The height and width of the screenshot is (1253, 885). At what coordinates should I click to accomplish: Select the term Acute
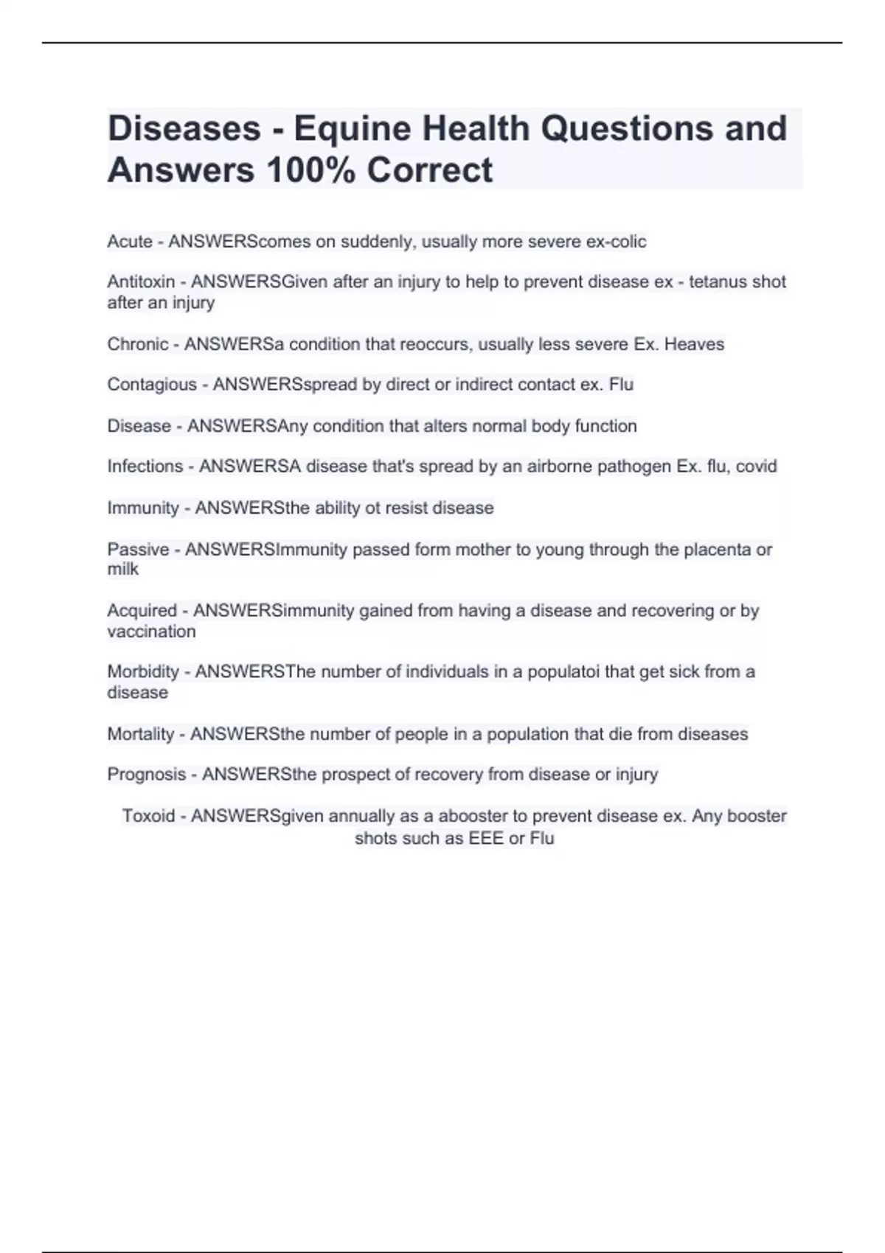[130, 242]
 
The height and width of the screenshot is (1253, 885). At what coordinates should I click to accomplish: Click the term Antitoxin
[141, 282]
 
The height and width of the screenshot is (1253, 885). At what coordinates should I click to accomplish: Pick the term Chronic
[138, 344]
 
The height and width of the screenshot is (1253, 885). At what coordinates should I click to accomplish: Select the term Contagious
[152, 385]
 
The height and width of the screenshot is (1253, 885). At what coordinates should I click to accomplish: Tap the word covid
[756, 467]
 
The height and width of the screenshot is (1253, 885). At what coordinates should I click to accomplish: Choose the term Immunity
[143, 508]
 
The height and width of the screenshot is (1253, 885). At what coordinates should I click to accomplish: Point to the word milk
[123, 570]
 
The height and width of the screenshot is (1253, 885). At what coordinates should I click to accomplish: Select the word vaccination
[152, 632]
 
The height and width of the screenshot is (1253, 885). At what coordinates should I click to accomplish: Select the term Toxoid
[148, 816]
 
